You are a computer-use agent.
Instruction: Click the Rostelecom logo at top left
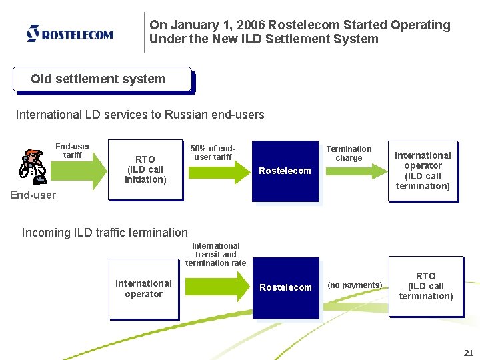pyautogui.click(x=69, y=33)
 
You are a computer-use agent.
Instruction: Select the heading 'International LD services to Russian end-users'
pyautogui.click(x=140, y=115)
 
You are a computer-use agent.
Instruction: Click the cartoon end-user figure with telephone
pyautogui.click(x=31, y=167)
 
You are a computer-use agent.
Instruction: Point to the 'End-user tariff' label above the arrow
pyautogui.click(x=73, y=151)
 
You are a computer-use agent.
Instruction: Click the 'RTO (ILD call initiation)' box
pyautogui.click(x=145, y=169)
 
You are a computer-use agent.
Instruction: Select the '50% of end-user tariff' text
pyautogui.click(x=213, y=153)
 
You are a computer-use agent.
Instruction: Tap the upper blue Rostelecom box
pyautogui.click(x=285, y=171)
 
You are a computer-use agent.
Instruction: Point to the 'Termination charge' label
pyautogui.click(x=349, y=153)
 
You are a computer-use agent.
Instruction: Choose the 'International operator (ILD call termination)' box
pyautogui.click(x=423, y=171)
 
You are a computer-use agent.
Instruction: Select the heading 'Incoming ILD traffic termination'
pyautogui.click(x=105, y=233)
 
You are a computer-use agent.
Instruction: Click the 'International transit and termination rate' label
pyautogui.click(x=215, y=254)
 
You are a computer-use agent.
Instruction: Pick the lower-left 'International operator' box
pyautogui.click(x=143, y=289)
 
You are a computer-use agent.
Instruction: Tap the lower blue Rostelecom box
pyautogui.click(x=285, y=287)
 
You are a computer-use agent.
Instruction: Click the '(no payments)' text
pyautogui.click(x=355, y=285)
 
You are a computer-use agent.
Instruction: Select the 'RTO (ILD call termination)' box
pyautogui.click(x=425, y=286)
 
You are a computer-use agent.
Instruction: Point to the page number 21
pyautogui.click(x=468, y=353)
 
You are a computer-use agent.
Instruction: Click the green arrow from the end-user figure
pyautogui.click(x=73, y=172)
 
